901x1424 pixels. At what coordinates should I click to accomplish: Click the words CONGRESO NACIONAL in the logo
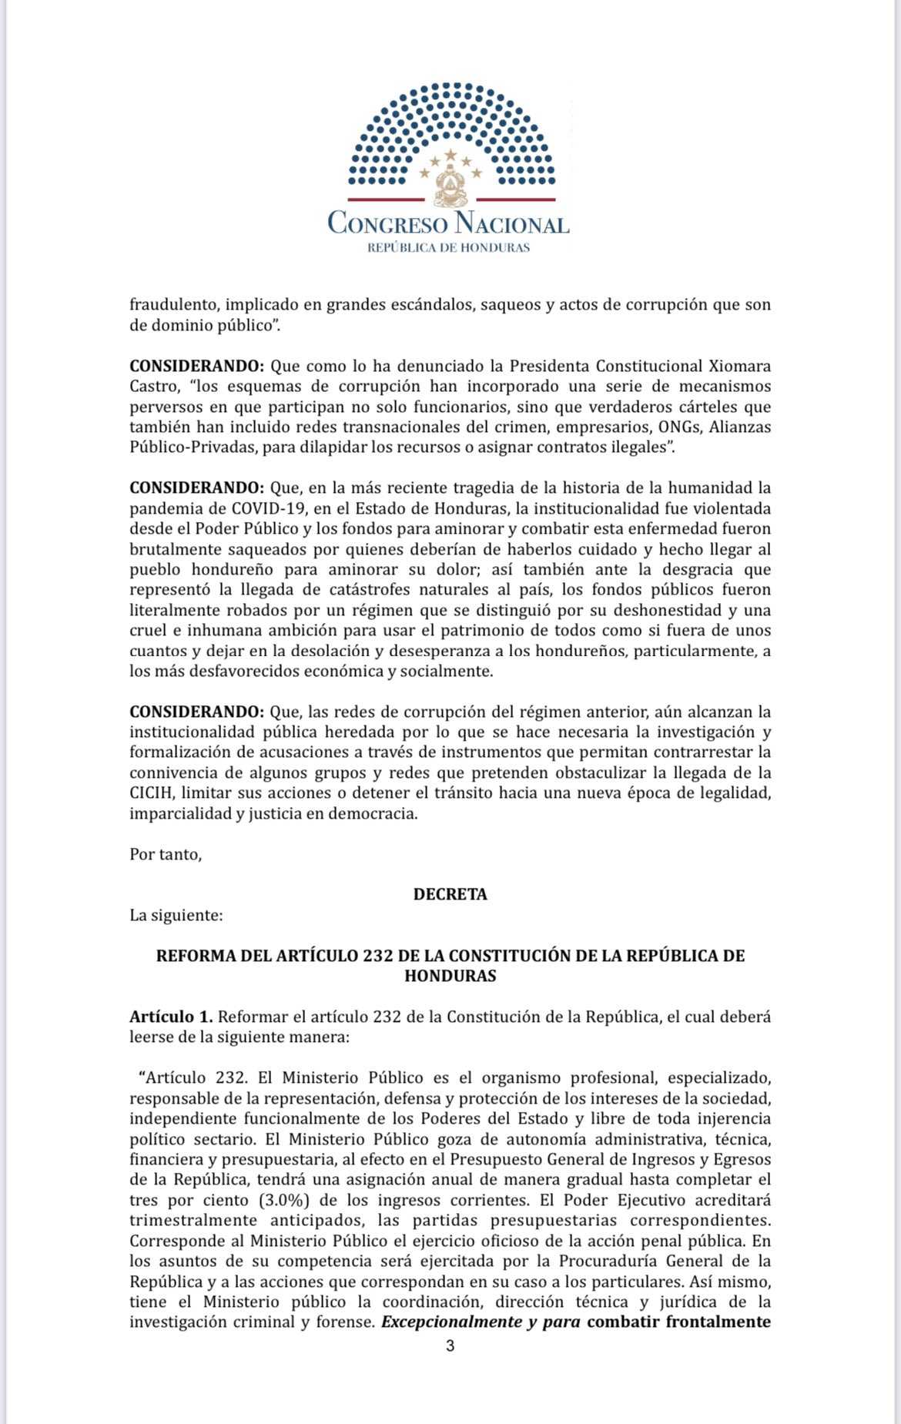pyautogui.click(x=448, y=223)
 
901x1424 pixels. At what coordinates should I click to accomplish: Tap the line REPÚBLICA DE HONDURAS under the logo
pyautogui.click(x=448, y=248)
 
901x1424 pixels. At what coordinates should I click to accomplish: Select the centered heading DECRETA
pyautogui.click(x=450, y=894)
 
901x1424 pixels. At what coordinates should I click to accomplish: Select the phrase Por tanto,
pyautogui.click(x=166, y=854)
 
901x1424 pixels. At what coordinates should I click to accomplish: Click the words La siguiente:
pyautogui.click(x=176, y=915)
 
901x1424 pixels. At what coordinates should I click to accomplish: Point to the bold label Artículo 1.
pyautogui.click(x=170, y=1017)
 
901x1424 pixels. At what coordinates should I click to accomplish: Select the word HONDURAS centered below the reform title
pyautogui.click(x=450, y=976)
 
